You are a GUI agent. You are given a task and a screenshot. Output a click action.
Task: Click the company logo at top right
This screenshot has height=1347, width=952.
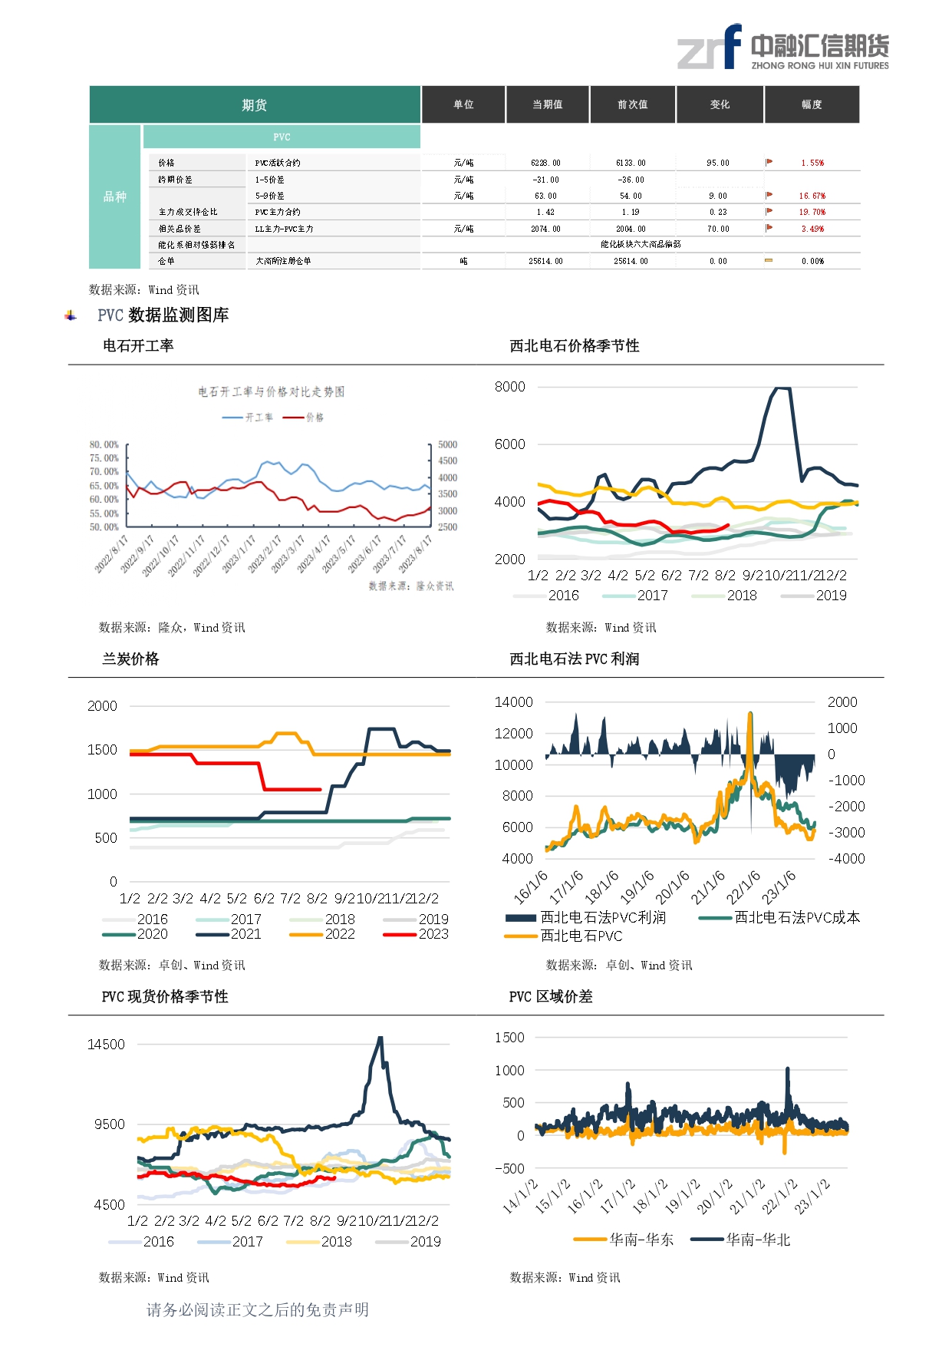coord(782,48)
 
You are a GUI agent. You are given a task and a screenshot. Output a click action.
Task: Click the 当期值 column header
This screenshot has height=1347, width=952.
coord(548,104)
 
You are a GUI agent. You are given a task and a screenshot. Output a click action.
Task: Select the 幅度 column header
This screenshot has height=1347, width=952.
coord(812,104)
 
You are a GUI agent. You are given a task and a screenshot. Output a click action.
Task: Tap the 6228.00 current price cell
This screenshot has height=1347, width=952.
coord(545,163)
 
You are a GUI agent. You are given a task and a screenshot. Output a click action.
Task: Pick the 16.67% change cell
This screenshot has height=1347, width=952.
coord(812,196)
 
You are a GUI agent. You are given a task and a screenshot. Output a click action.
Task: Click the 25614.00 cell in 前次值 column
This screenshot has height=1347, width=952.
coord(631,261)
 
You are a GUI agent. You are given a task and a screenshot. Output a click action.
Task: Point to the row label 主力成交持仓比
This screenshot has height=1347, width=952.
coord(188,212)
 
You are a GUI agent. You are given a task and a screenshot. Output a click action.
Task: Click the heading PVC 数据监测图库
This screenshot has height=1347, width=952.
coord(163,315)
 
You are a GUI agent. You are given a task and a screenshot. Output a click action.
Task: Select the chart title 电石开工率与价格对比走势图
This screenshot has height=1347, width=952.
coord(272,391)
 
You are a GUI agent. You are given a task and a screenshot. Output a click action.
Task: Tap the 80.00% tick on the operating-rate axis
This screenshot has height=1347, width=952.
coord(104,444)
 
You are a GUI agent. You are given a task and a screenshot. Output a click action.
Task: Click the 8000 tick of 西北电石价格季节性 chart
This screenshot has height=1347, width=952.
coord(510,387)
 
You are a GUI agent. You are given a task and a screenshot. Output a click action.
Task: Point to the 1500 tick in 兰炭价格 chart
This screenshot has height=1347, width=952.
coord(102,750)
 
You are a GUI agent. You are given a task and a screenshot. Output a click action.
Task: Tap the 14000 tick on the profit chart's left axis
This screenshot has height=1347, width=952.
coord(513,702)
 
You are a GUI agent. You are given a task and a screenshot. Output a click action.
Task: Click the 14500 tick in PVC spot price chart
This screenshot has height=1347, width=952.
coord(106,1045)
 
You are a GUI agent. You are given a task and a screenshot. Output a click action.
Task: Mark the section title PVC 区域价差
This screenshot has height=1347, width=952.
coord(551,996)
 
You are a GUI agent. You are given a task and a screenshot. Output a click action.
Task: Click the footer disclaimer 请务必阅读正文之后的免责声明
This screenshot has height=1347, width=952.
coord(258,1309)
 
